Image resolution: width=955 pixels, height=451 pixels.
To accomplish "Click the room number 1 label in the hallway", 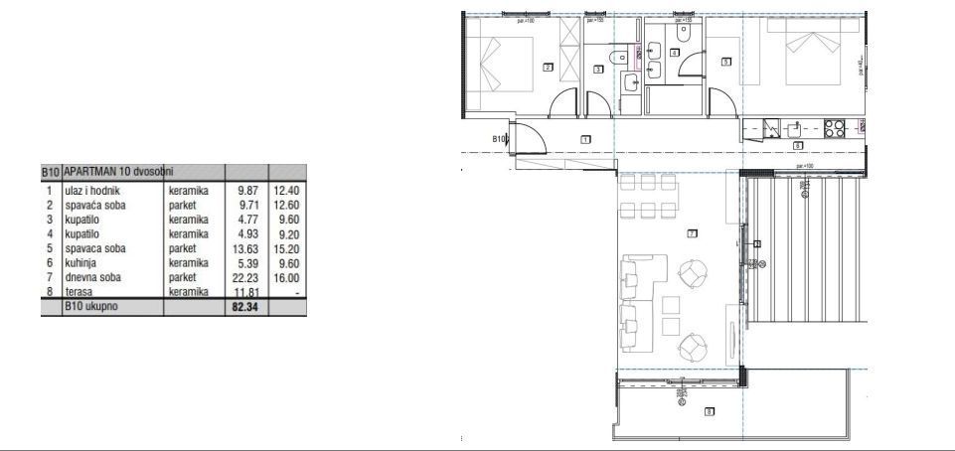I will pos(585,140).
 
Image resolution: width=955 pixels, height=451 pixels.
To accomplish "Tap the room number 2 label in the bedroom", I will pos(548,68).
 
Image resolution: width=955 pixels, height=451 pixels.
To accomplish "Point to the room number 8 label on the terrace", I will pos(709,412).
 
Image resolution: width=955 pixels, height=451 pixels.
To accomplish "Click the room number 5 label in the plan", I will pos(726,62).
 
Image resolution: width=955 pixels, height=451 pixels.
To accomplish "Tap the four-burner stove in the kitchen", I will pos(835,127).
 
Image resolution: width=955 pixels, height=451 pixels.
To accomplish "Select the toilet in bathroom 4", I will pos(685,33).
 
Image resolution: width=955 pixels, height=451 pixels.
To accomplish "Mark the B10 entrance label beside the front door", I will pos(500,140).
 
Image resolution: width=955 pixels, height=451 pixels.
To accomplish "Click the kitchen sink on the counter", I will pos(793,128).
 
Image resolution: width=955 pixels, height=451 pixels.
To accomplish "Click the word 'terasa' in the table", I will pos(78,293).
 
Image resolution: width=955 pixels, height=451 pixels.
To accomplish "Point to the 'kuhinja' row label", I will pos(80,263).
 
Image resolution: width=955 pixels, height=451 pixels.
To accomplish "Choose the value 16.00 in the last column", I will pos(284,278).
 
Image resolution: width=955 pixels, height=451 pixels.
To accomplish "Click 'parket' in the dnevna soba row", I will pos(184,278).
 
